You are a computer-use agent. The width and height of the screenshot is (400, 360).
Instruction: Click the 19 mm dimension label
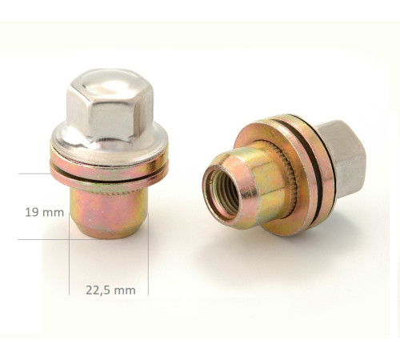43,213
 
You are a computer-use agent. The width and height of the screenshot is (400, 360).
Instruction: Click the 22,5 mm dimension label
110,290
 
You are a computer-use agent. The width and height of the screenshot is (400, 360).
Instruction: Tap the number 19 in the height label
32,213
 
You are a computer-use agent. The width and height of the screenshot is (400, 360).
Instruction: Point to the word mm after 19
54,213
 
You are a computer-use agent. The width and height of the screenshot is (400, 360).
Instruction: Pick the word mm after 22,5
125,290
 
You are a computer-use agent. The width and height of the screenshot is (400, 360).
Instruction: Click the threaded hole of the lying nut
220,195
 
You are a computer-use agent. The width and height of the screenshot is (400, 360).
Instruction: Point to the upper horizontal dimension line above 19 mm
35,174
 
